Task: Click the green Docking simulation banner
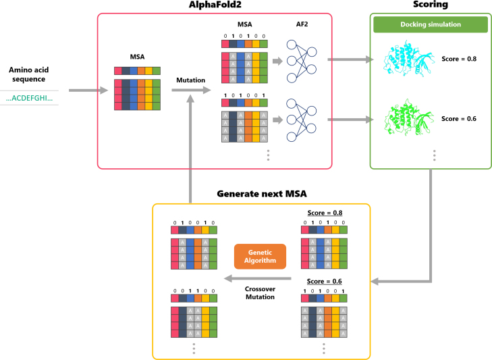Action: coord(431,24)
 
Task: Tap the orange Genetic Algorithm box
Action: coord(260,257)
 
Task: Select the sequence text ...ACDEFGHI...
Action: coord(29,98)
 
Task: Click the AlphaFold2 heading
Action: coord(215,5)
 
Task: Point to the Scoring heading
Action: coord(431,5)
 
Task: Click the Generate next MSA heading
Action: coord(262,194)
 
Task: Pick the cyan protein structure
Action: coord(409,58)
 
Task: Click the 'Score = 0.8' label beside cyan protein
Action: coord(459,59)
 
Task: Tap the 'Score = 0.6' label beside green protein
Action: coord(459,118)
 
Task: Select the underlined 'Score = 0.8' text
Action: coord(325,213)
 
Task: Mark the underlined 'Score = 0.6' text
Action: coord(324,281)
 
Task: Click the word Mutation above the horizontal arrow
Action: coord(190,80)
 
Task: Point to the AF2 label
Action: coord(302,24)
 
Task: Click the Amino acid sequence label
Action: coord(28,74)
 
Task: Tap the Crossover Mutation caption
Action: coord(260,292)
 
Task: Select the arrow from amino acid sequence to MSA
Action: coord(88,91)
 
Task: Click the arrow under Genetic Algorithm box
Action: coord(258,278)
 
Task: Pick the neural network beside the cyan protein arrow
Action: coord(302,61)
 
